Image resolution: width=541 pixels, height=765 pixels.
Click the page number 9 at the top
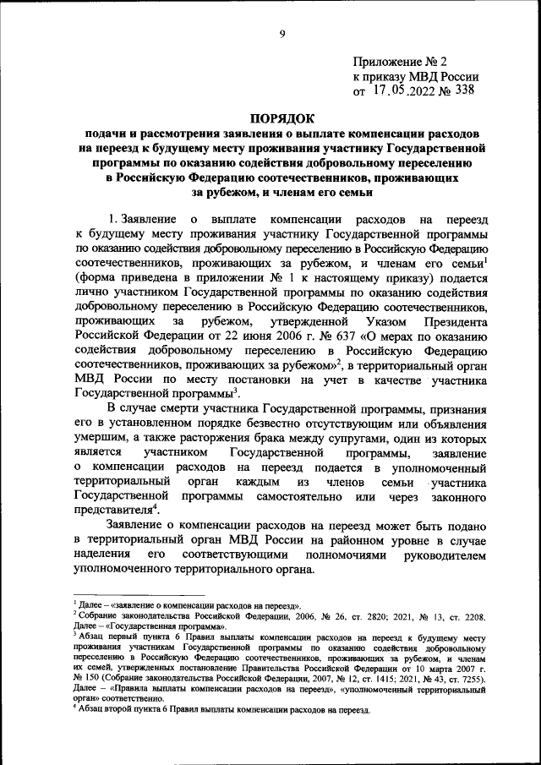[x=282, y=34]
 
